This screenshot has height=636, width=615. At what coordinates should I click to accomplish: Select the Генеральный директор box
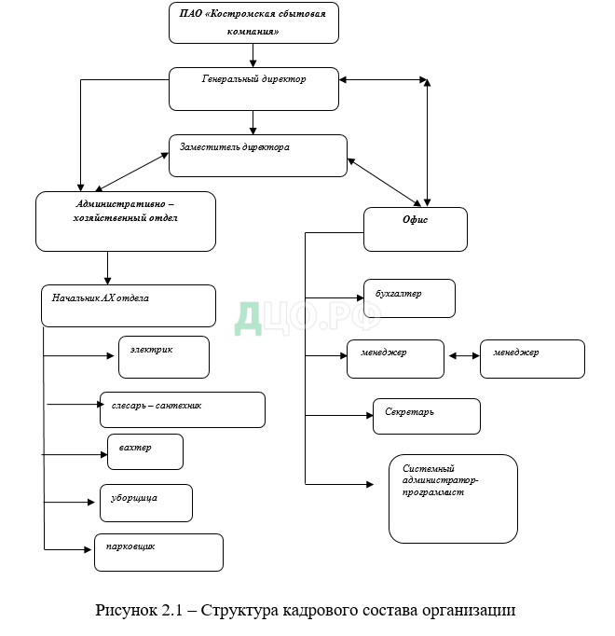pyautogui.click(x=253, y=89)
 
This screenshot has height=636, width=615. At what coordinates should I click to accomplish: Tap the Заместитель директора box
pyautogui.click(x=257, y=156)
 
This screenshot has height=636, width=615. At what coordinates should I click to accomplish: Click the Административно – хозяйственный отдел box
pyautogui.click(x=126, y=221)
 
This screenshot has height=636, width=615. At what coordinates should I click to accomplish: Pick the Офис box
pyautogui.click(x=414, y=229)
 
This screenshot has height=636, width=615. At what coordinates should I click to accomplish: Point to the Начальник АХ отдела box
pyautogui.click(x=129, y=305)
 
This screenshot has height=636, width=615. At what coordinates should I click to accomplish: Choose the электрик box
pyautogui.click(x=164, y=357)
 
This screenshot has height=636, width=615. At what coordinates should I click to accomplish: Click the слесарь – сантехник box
pyautogui.click(x=182, y=409)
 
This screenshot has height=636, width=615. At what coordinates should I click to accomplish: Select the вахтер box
pyautogui.click(x=144, y=451)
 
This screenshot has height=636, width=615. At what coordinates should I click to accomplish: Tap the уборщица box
pyautogui.click(x=145, y=503)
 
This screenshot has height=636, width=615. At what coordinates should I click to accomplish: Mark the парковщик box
pyautogui.click(x=158, y=551)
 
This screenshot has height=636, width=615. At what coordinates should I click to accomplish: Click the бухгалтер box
pyautogui.click(x=408, y=298)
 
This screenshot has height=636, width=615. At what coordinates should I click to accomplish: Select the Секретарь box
pyautogui.click(x=426, y=416)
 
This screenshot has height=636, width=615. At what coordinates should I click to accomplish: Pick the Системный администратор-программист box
pyautogui.click(x=452, y=498)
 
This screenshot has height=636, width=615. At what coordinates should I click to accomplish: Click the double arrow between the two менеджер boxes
pyautogui.click(x=464, y=355)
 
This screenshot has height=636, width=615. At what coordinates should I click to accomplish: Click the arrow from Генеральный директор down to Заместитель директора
pyautogui.click(x=253, y=122)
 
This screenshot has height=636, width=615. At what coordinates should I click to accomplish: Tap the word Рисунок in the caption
pyautogui.click(x=126, y=611)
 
